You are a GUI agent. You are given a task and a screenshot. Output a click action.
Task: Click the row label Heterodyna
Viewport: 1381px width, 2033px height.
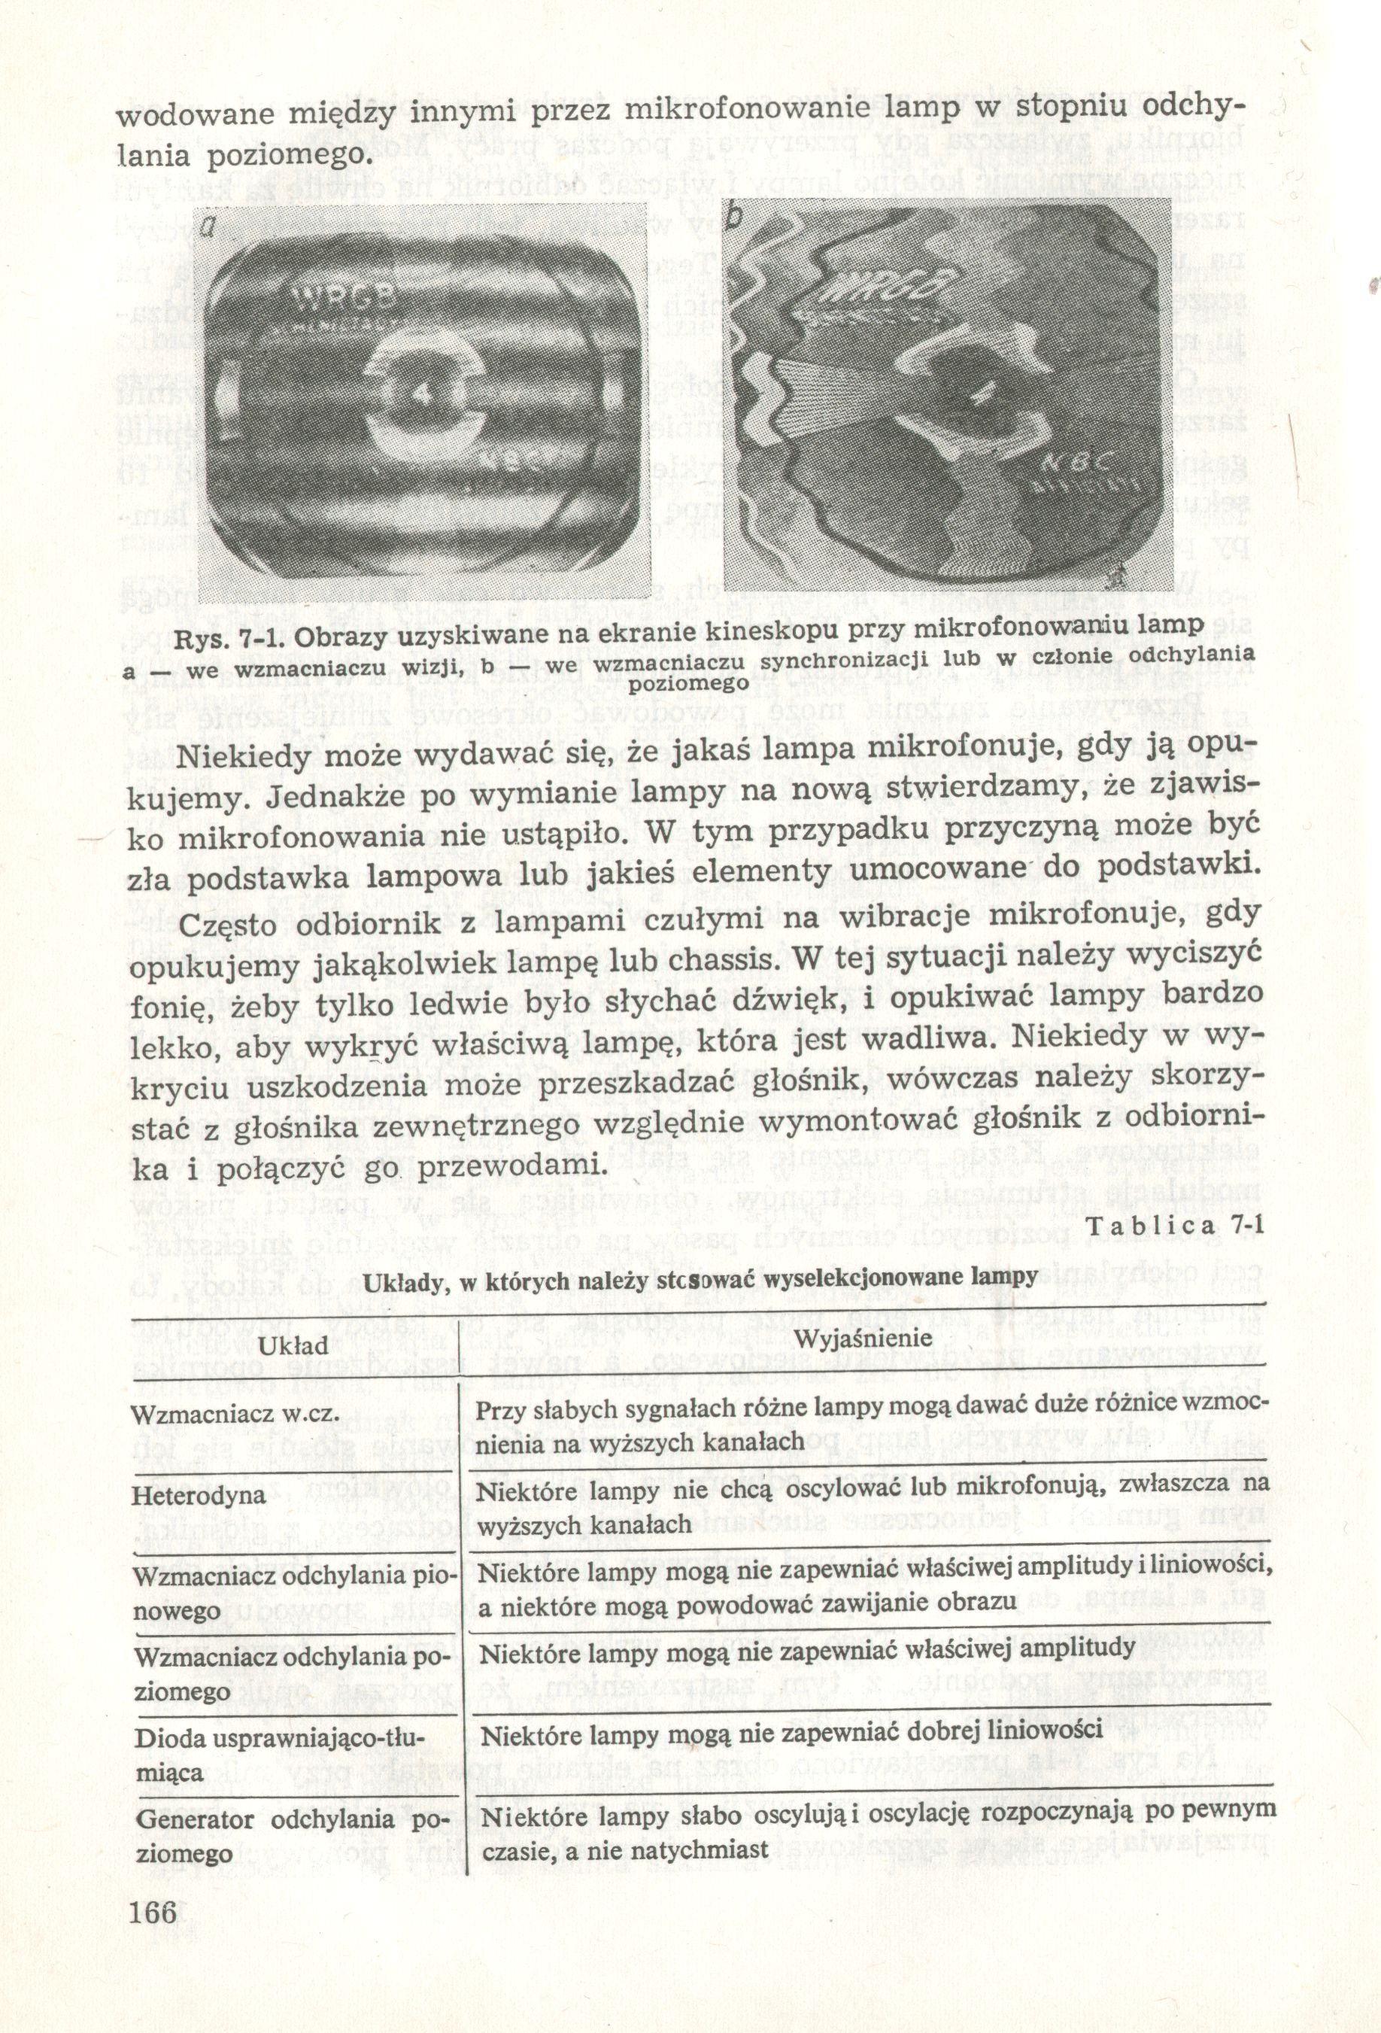pos(198,1494)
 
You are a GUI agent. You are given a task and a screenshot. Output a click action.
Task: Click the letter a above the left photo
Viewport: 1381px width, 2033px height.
pos(205,229)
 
